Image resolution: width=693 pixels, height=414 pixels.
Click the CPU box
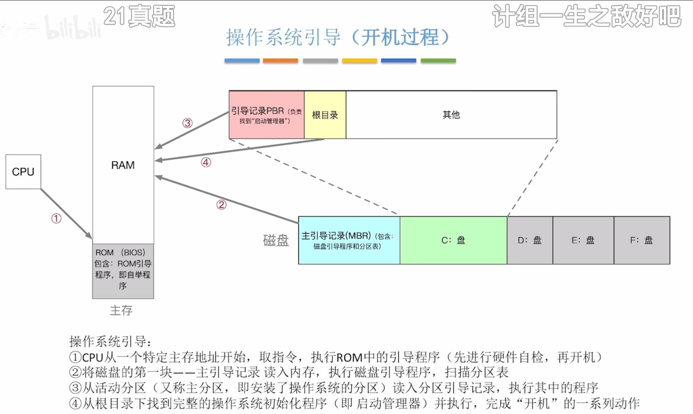pyautogui.click(x=23, y=172)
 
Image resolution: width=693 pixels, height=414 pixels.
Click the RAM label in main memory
pyautogui.click(x=123, y=165)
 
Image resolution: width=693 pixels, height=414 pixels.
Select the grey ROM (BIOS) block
pyautogui.click(x=123, y=271)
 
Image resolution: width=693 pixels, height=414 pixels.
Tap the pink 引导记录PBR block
pyautogui.click(x=266, y=115)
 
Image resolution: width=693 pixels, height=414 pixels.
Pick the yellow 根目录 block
pyautogui.click(x=325, y=115)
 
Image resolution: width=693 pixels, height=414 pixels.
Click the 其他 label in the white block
pyautogui.click(x=451, y=115)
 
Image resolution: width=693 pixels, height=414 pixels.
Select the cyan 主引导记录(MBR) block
pyautogui.click(x=349, y=240)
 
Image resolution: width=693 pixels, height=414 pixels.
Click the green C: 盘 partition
pyautogui.click(x=453, y=240)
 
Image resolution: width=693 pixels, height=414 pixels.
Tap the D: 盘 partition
pyautogui.click(x=530, y=240)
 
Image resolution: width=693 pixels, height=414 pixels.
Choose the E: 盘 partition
pyautogui.click(x=583, y=240)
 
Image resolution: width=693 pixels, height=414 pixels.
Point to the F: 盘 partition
pyautogui.click(x=642, y=240)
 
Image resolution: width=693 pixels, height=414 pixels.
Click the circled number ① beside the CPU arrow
pyautogui.click(x=56, y=219)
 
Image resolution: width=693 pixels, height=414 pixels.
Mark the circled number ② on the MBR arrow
pyautogui.click(x=221, y=205)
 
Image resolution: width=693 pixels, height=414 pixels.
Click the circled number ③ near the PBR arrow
pyautogui.click(x=187, y=123)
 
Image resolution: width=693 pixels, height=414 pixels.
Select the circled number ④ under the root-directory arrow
pyautogui.click(x=206, y=162)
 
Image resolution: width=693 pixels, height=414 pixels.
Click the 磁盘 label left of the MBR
pyautogui.click(x=276, y=241)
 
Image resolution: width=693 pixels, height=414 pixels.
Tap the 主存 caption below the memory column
pyautogui.click(x=121, y=311)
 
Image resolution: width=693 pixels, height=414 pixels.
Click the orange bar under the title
pyautogui.click(x=280, y=61)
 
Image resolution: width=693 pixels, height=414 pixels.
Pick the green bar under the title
pyautogui.click(x=438, y=61)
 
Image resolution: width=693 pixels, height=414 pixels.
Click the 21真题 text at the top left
pyautogui.click(x=139, y=16)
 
